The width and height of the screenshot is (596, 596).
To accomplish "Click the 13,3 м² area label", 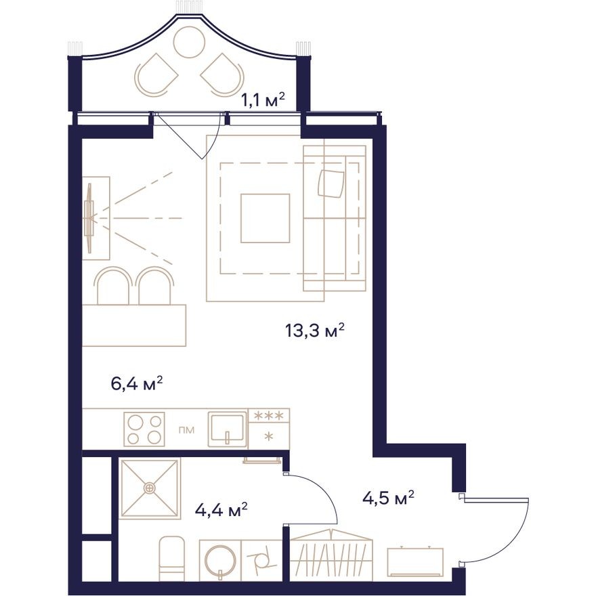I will point(316,331).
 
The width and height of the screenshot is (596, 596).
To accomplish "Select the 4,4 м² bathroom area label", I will point(221,508).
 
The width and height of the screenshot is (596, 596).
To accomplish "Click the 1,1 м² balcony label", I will point(263,100).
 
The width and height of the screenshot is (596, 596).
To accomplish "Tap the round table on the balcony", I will point(189,42).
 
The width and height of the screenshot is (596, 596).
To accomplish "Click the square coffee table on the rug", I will point(265,218).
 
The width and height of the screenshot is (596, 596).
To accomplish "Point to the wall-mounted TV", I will point(88,217).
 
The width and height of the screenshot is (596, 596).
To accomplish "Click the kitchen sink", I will point(228,428).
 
